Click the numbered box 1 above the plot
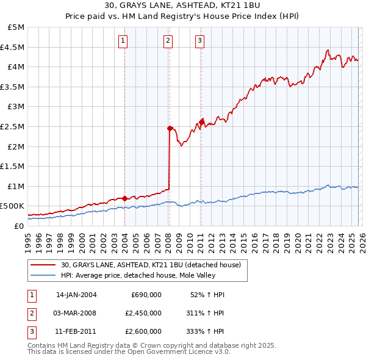123,41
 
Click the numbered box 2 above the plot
168,41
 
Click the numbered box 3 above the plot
199,41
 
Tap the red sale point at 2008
170,128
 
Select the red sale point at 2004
124,198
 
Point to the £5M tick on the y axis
16,27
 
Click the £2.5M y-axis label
14,127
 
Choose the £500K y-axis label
13,206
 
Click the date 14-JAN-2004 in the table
76,295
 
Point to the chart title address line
183,7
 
